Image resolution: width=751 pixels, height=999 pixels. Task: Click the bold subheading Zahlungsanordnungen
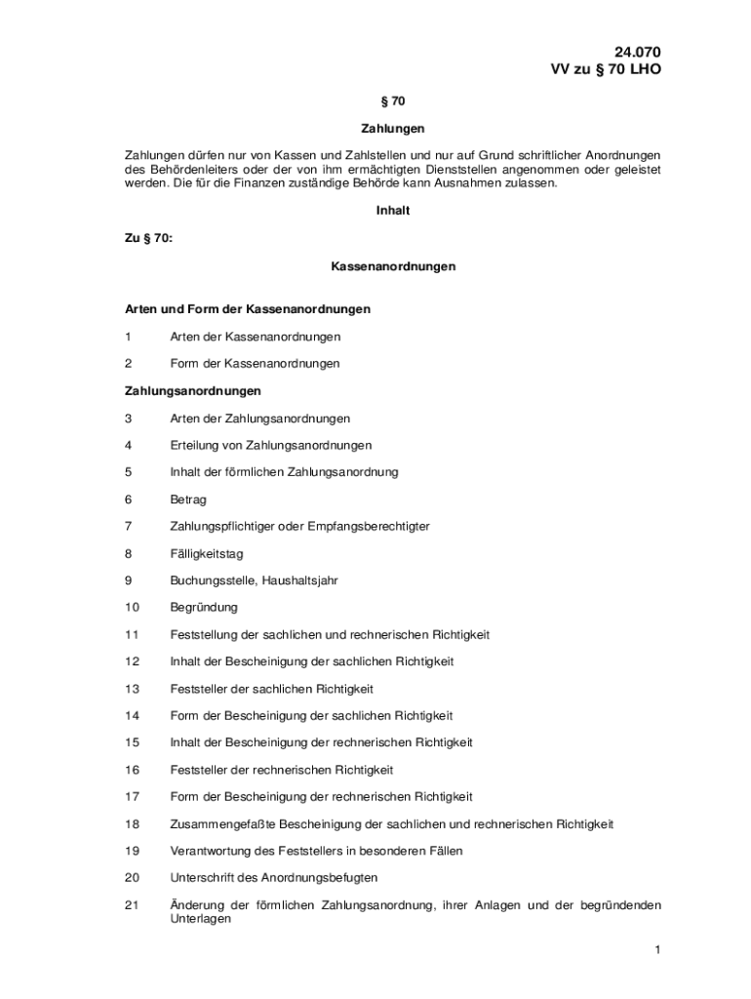click(192, 391)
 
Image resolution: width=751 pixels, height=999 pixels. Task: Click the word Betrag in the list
click(188, 499)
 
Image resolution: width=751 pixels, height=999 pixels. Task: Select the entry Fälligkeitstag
click(206, 553)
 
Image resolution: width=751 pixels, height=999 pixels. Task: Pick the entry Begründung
click(203, 607)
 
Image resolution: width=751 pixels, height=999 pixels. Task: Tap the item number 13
click(132, 689)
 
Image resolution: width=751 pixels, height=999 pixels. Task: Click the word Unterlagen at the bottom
click(200, 919)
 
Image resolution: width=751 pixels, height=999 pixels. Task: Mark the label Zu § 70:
click(148, 238)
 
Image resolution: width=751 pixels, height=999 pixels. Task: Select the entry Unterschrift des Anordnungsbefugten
click(273, 878)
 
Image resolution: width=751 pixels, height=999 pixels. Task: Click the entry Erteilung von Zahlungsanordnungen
click(270, 446)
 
